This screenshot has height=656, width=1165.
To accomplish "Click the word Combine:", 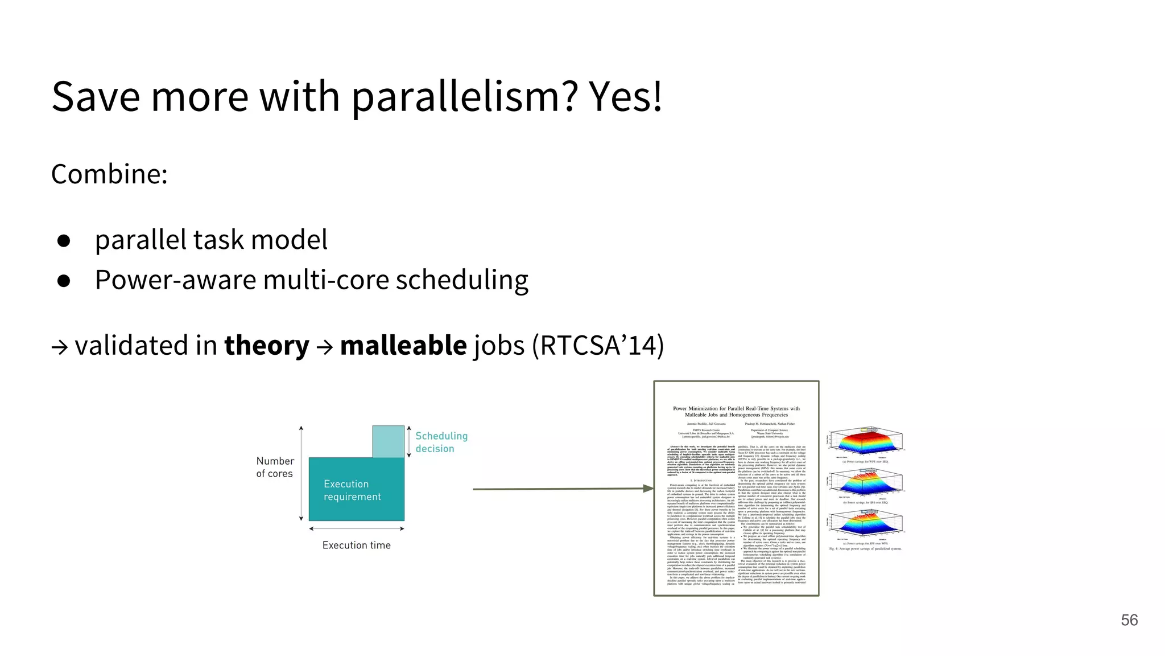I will point(109,174).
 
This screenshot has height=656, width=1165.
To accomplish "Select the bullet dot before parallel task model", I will point(64,240).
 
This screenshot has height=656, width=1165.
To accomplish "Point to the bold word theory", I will point(266,345).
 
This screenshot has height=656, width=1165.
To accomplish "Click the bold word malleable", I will point(403,345).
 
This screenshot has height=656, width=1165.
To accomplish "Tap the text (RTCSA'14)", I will point(598,345).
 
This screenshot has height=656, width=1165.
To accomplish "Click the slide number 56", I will point(1129,620).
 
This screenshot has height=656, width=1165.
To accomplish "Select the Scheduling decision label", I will point(441,442).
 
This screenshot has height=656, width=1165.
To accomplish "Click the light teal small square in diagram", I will point(388,441).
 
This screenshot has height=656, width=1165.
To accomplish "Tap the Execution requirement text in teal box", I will point(352,490).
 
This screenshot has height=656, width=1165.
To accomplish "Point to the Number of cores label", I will point(275,467).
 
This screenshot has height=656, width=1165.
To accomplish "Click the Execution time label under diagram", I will point(356,545).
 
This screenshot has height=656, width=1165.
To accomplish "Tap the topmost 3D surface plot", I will point(866,442).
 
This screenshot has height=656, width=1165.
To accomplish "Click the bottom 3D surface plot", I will point(866,524).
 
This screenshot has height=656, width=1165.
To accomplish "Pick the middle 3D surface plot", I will point(866,483).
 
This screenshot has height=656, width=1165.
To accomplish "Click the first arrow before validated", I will point(60,347).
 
